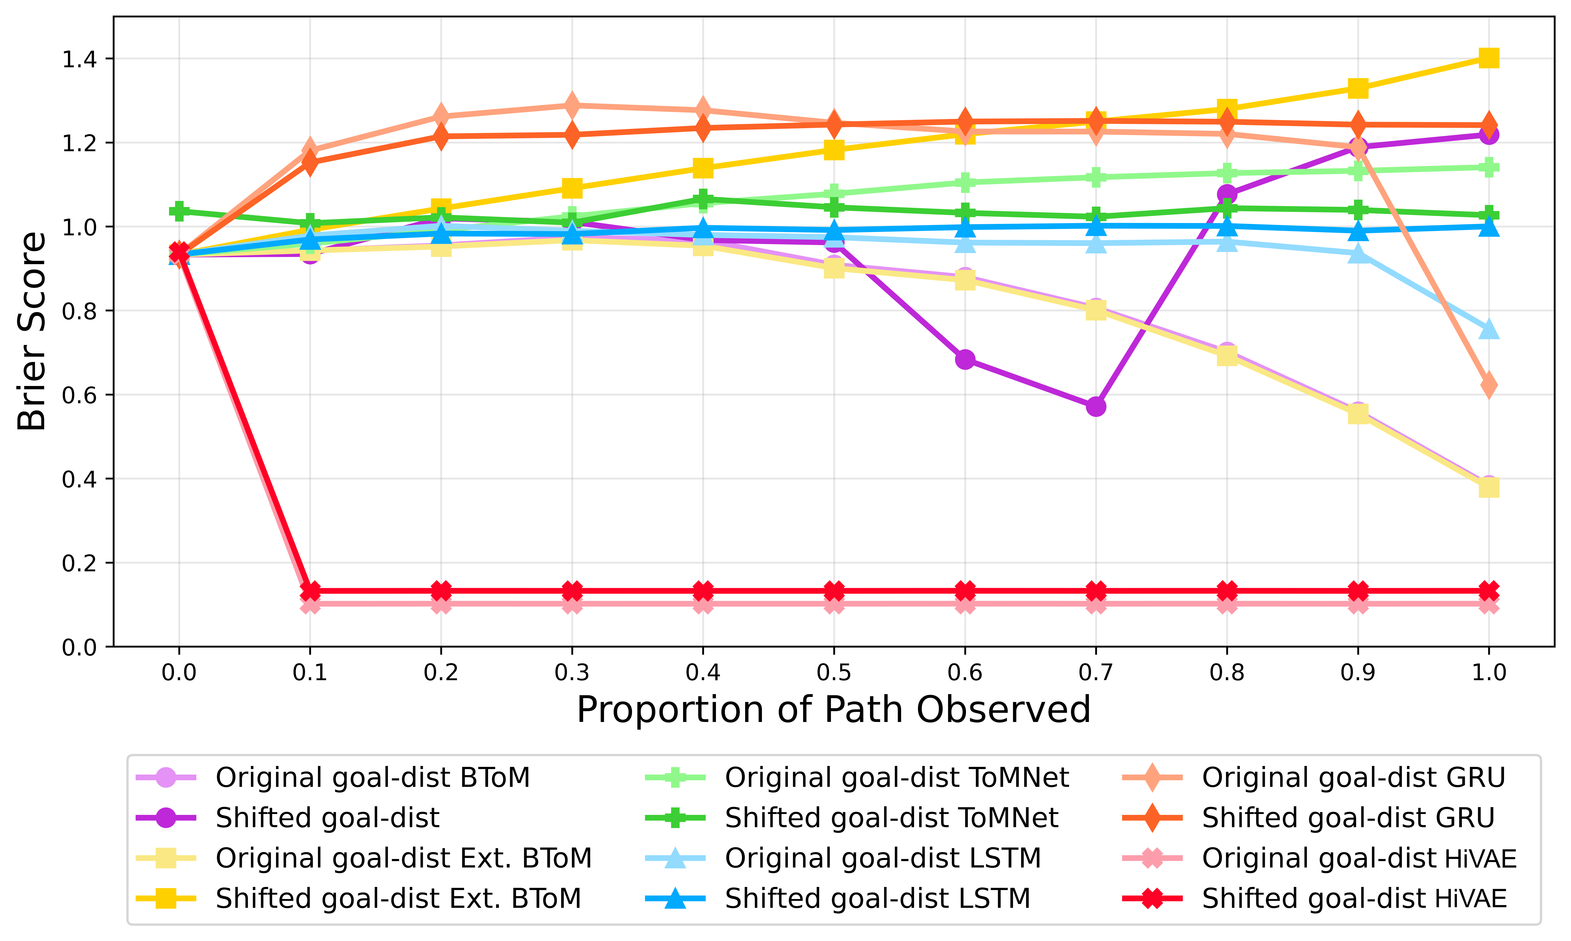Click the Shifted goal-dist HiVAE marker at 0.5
(x=834, y=591)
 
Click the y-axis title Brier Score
(x=32, y=331)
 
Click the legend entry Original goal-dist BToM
(x=372, y=777)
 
